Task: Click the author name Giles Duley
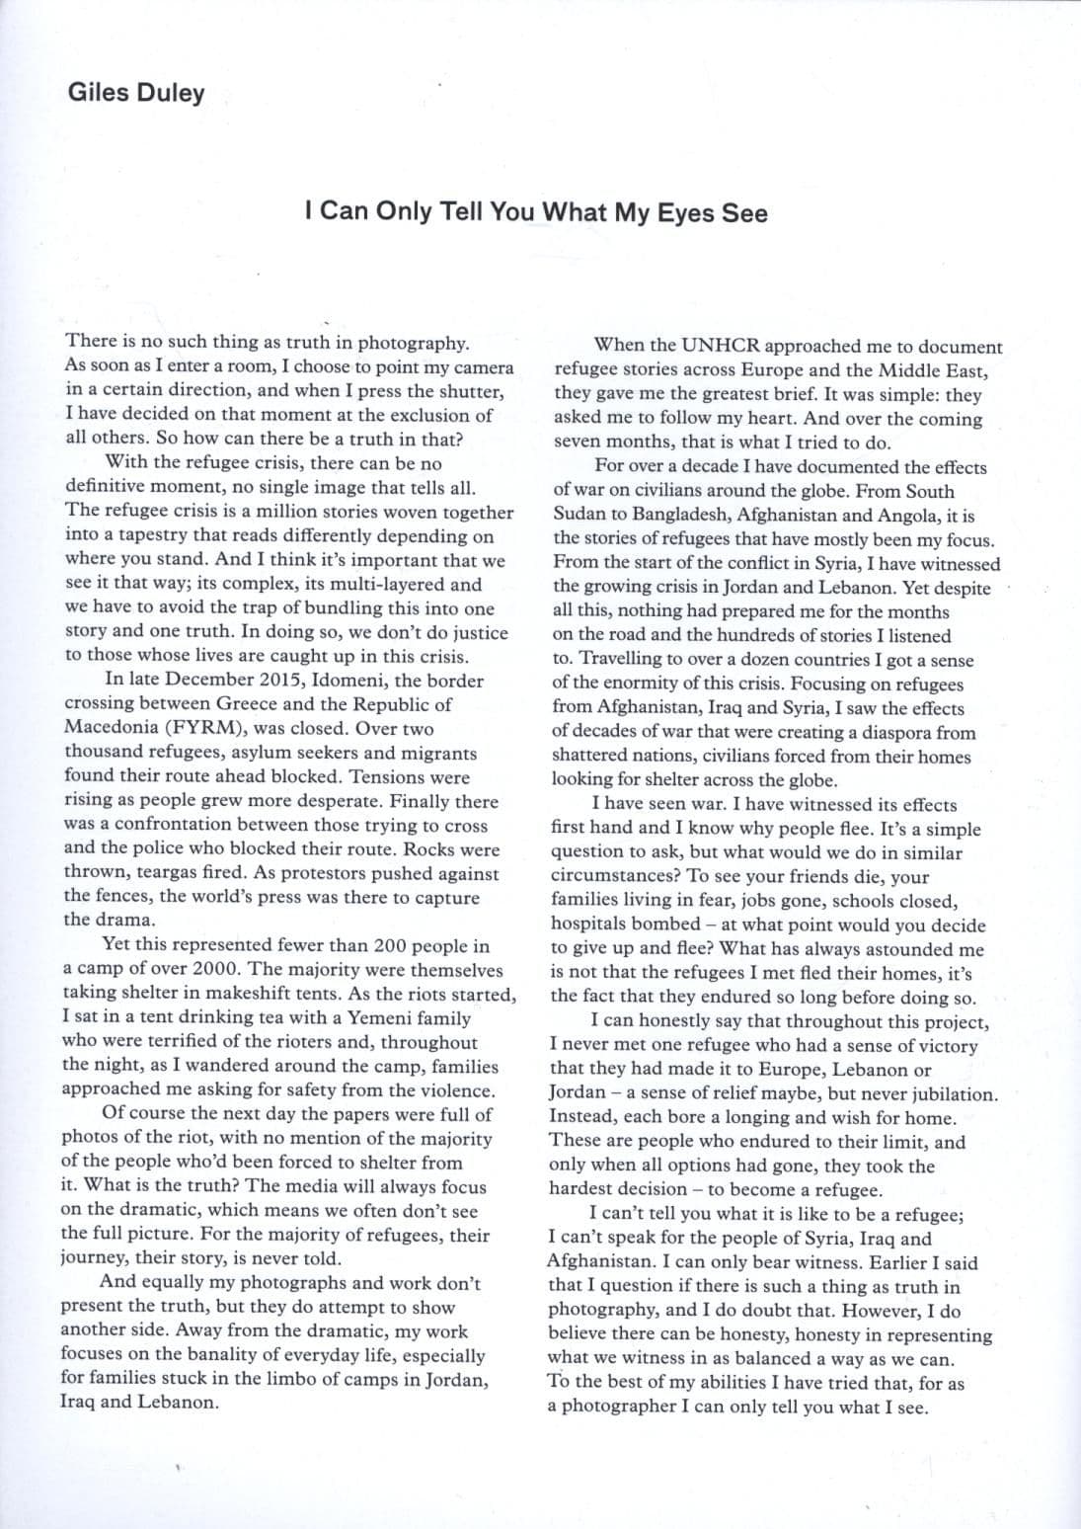136,93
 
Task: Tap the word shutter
472,391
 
